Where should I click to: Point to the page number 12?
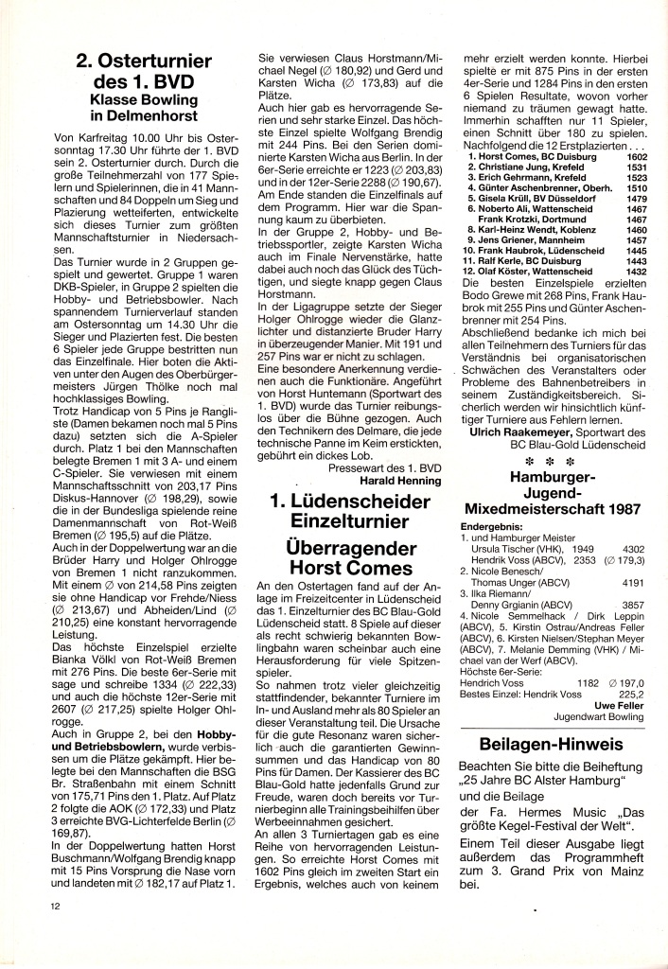click(59, 905)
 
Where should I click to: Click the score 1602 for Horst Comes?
click(635, 156)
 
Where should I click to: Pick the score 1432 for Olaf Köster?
click(635, 271)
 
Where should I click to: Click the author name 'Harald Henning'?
click(401, 479)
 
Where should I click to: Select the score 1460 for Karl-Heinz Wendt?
click(635, 229)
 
